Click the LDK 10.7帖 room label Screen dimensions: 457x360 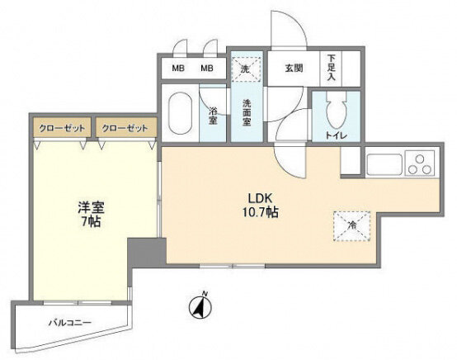click(260, 206)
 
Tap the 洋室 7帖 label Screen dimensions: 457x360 click(91, 214)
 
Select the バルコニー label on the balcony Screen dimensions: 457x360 click(70, 323)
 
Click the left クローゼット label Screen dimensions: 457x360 click(62, 128)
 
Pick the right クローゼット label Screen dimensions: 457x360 click(125, 128)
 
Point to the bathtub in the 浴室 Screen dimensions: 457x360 click(181, 113)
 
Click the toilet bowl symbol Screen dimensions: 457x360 click(337, 113)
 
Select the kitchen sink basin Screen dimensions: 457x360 click(384, 164)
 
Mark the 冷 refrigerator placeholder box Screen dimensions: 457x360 click(352, 226)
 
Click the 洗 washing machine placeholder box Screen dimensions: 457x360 click(245, 69)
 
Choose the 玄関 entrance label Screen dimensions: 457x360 click(294, 69)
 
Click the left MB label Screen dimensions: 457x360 click(178, 69)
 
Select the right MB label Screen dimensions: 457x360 click(207, 69)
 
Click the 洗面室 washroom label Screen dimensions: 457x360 click(247, 112)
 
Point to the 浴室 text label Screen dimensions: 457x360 click(213, 116)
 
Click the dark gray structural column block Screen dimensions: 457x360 click(147, 252)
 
